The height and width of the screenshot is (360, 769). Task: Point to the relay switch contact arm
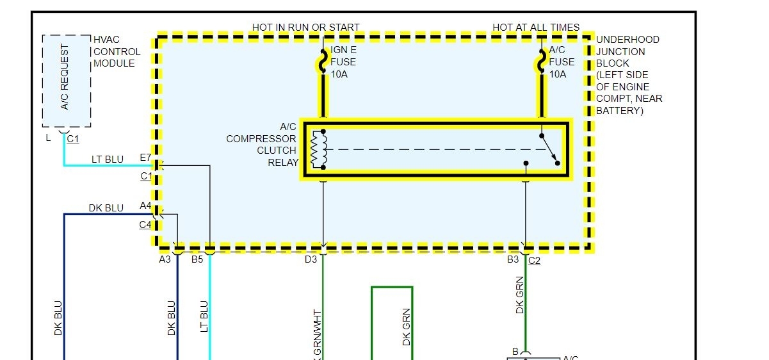tap(549, 149)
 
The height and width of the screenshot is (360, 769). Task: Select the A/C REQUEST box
tap(66, 81)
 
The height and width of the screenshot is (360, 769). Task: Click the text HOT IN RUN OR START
tap(305, 28)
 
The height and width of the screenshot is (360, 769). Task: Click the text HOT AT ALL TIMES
tap(536, 28)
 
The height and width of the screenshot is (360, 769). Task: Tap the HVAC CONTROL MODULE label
tap(117, 51)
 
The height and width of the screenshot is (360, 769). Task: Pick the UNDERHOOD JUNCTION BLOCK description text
tap(628, 75)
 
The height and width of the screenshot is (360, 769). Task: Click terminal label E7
tap(145, 158)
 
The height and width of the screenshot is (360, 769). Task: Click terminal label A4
tap(146, 206)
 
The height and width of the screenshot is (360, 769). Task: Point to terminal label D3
tap(311, 259)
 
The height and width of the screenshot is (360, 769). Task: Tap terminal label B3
tap(513, 259)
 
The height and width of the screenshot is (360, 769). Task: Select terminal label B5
tap(197, 259)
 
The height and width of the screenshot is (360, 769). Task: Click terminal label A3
tap(165, 259)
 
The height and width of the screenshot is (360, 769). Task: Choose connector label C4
tap(145, 225)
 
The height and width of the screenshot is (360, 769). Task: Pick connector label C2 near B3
tap(534, 260)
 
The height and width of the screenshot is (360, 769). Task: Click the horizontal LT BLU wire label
tap(107, 160)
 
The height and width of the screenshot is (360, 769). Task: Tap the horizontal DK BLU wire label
tap(106, 208)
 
